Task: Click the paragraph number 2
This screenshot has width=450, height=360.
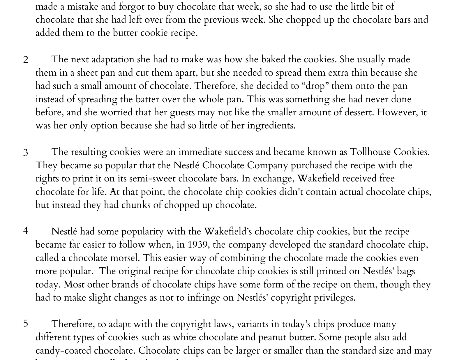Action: [26, 60]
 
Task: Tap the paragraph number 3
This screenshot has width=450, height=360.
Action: [26, 152]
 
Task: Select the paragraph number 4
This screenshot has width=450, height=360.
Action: [26, 231]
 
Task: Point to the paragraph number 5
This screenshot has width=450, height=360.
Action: [26, 323]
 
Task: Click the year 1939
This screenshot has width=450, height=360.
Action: [199, 245]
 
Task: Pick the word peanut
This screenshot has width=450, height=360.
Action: [272, 337]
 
